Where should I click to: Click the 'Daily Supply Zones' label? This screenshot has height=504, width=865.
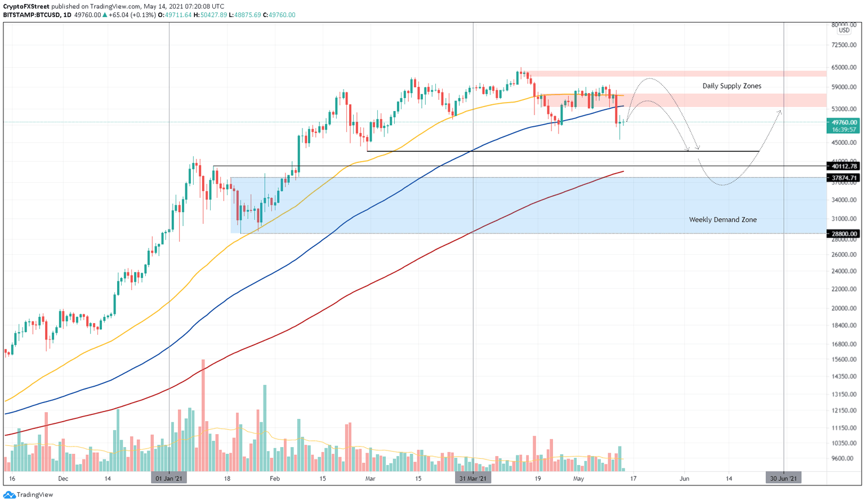(732, 86)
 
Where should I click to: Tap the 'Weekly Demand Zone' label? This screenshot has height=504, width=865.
(723, 220)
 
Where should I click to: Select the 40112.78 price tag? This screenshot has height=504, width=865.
(844, 166)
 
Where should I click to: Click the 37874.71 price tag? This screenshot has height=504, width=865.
(844, 178)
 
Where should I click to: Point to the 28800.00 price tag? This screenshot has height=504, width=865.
(844, 233)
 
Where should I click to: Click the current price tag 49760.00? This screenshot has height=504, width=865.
(844, 122)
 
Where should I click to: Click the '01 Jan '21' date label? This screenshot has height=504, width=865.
(169, 479)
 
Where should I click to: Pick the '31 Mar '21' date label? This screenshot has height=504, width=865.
(472, 479)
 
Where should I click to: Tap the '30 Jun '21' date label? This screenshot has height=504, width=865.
(783, 479)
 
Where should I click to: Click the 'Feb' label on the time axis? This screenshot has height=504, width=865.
(274, 479)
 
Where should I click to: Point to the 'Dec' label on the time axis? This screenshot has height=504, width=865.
(63, 479)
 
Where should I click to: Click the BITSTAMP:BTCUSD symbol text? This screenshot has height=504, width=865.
(31, 15)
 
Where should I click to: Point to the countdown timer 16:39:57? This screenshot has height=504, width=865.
(844, 130)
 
